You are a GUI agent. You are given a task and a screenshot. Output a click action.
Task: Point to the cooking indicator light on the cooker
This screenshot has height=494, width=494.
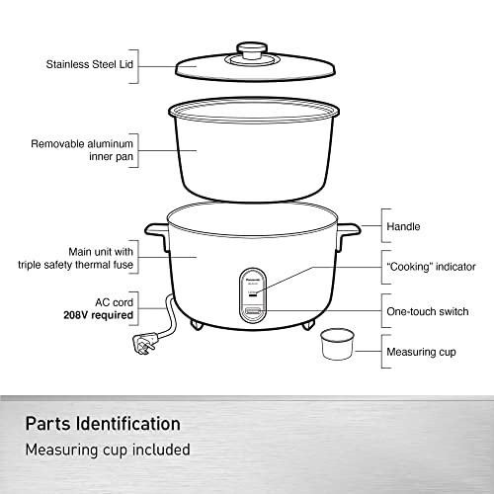(253, 294)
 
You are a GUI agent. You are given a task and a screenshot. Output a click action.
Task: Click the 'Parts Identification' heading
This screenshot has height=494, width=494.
(103, 424)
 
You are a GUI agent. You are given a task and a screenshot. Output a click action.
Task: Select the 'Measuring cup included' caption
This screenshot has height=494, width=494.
(108, 451)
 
